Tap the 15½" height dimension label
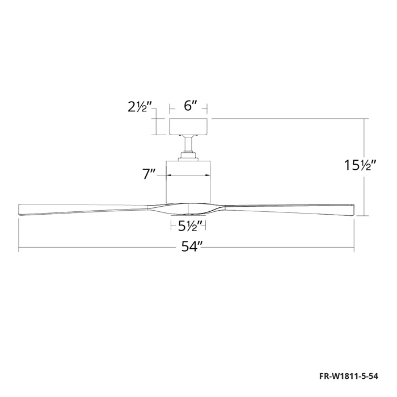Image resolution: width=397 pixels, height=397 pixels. point(360,166)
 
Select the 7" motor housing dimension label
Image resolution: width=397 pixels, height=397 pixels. point(149,174)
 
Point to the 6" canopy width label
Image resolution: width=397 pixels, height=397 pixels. point(191,106)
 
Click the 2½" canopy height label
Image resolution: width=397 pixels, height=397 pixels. point(140,106)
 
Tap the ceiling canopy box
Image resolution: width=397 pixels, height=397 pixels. point(189,127)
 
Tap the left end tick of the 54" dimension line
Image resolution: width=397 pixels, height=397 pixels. point(19,248)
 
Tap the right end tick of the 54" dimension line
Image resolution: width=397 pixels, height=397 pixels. point(355,248)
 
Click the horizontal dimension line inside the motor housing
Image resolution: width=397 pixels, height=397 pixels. point(189,175)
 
